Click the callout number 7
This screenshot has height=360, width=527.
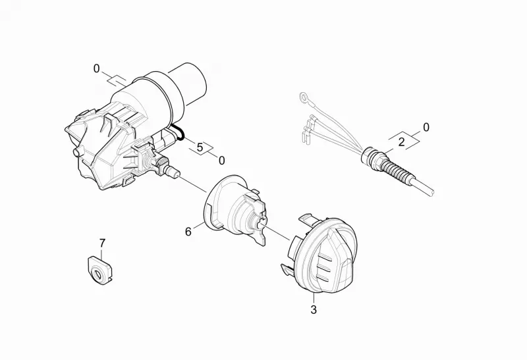pos(102,243)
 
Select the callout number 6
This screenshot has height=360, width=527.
pos(188,232)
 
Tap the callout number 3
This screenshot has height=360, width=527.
pos(314,309)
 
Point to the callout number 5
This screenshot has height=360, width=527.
pos(200,147)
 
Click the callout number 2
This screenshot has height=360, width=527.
pos(401,142)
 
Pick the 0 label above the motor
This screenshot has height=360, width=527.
pos(96,69)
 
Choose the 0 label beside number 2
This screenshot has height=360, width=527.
pos(426,128)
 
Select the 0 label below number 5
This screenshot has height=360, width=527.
pos(221,161)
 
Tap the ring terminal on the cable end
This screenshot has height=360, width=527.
pos(304,97)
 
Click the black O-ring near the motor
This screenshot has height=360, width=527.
pos(177,132)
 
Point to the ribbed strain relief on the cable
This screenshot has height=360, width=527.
pos(398,167)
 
